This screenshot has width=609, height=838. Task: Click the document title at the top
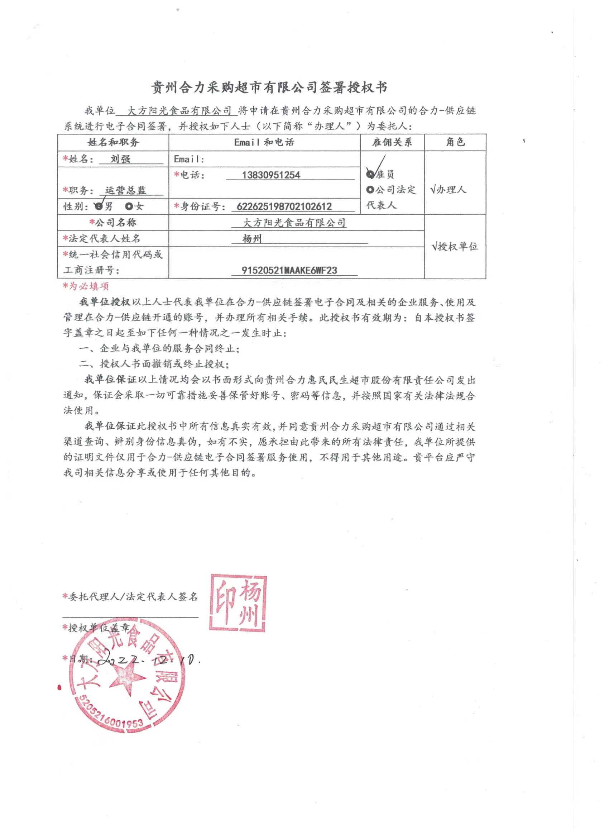[269, 87]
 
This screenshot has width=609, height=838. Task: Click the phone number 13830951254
[271, 175]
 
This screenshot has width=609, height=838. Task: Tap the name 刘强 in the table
[120, 159]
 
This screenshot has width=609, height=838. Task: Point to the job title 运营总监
[126, 190]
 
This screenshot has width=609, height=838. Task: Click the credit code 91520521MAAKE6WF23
[289, 270]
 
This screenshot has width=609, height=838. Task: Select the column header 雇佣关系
[392, 142]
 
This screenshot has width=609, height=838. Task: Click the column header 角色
[455, 142]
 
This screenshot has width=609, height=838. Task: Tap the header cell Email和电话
[264, 142]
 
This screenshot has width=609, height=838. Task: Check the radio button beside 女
[129, 206]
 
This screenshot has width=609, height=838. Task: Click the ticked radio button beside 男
[98, 206]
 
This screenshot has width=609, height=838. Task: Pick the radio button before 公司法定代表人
[370, 190]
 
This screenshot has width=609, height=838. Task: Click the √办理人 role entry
[448, 190]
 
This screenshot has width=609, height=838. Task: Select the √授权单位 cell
[455, 247]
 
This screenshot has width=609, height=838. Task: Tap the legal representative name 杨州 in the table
[252, 239]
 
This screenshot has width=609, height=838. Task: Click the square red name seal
[238, 603]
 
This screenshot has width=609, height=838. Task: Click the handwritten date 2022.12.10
[148, 660]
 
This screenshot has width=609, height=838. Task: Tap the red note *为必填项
[86, 286]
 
